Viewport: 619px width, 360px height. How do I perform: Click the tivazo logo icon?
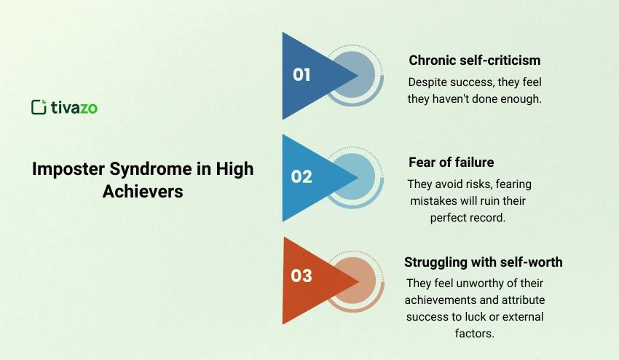click(39, 107)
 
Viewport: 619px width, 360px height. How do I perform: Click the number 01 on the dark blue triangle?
click(301, 74)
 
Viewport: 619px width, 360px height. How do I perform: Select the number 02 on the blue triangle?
click(301, 176)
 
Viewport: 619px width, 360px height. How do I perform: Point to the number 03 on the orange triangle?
click(301, 275)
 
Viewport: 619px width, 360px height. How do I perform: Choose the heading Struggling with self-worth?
click(483, 262)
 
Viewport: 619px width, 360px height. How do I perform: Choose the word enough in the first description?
click(521, 98)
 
